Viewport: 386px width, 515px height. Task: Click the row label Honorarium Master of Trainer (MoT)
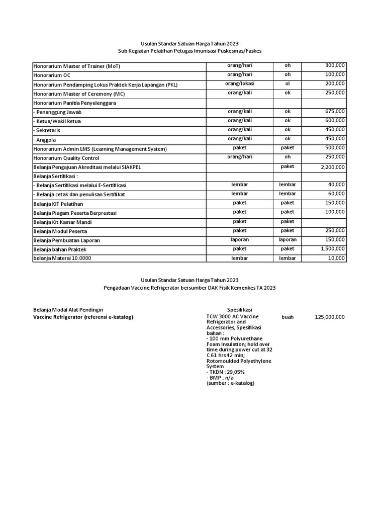coord(76,66)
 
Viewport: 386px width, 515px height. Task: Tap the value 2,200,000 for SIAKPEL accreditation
coord(330,166)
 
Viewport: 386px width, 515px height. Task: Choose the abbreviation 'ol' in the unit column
coord(287,83)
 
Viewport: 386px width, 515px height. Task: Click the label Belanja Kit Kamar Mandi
coord(62,222)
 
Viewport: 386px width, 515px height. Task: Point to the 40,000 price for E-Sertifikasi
coord(335,185)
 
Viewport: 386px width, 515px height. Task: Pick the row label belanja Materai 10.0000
coord(64,259)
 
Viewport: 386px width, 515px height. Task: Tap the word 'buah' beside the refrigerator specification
coord(287,317)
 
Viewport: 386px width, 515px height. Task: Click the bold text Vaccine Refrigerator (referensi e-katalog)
coord(83,317)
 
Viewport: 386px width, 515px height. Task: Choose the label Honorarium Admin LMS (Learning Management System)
coord(100,149)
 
